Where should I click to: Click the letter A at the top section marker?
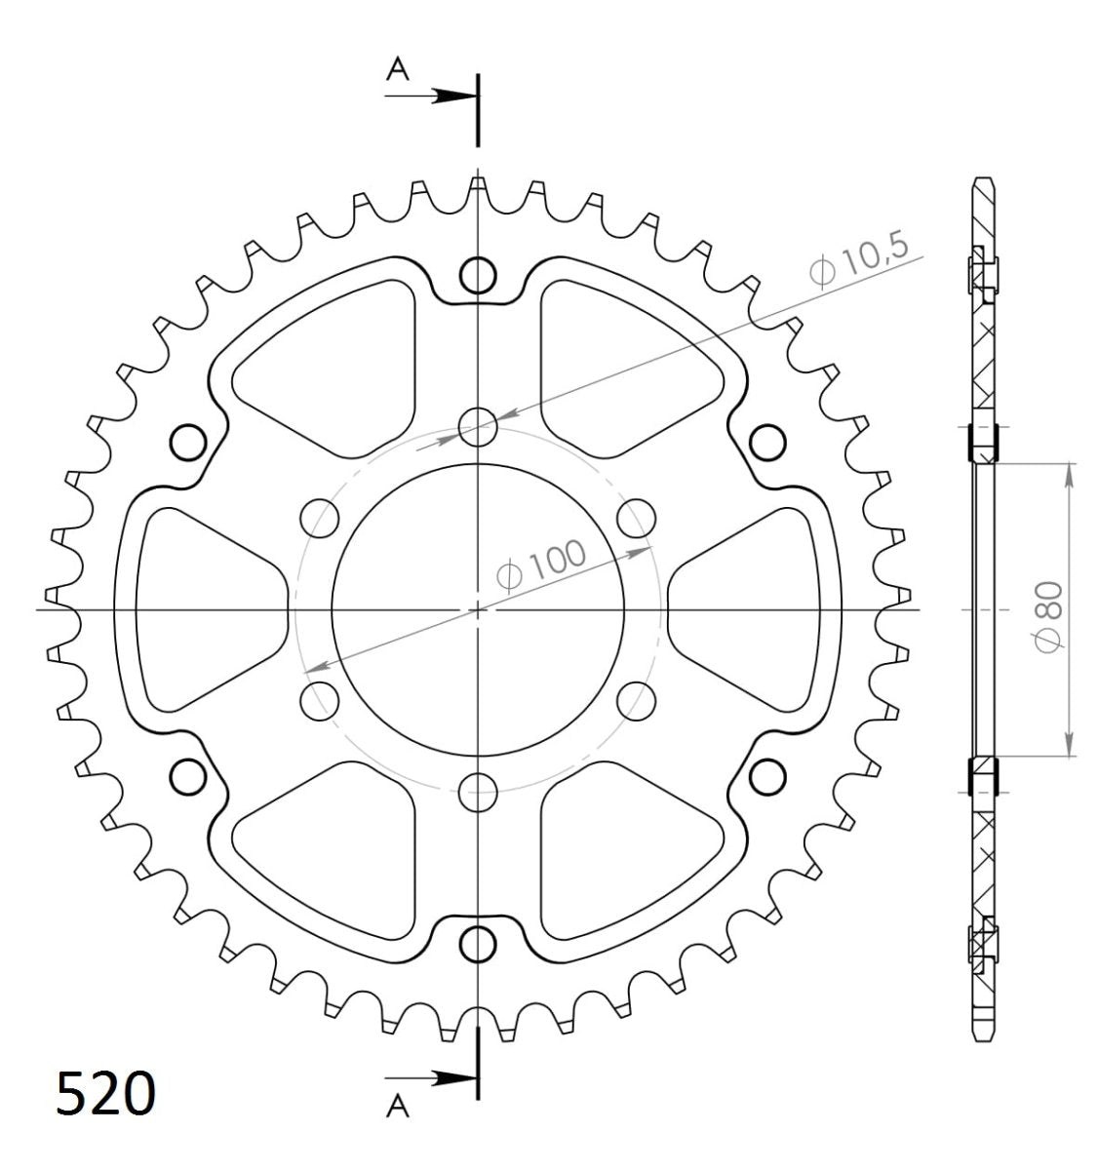397,67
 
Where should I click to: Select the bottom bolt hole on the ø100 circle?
478,790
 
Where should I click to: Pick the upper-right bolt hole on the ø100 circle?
637,517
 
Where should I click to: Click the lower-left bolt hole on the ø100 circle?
319,699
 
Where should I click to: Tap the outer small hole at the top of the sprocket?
478,274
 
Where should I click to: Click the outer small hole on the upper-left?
187,442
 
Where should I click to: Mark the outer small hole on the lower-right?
767,776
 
